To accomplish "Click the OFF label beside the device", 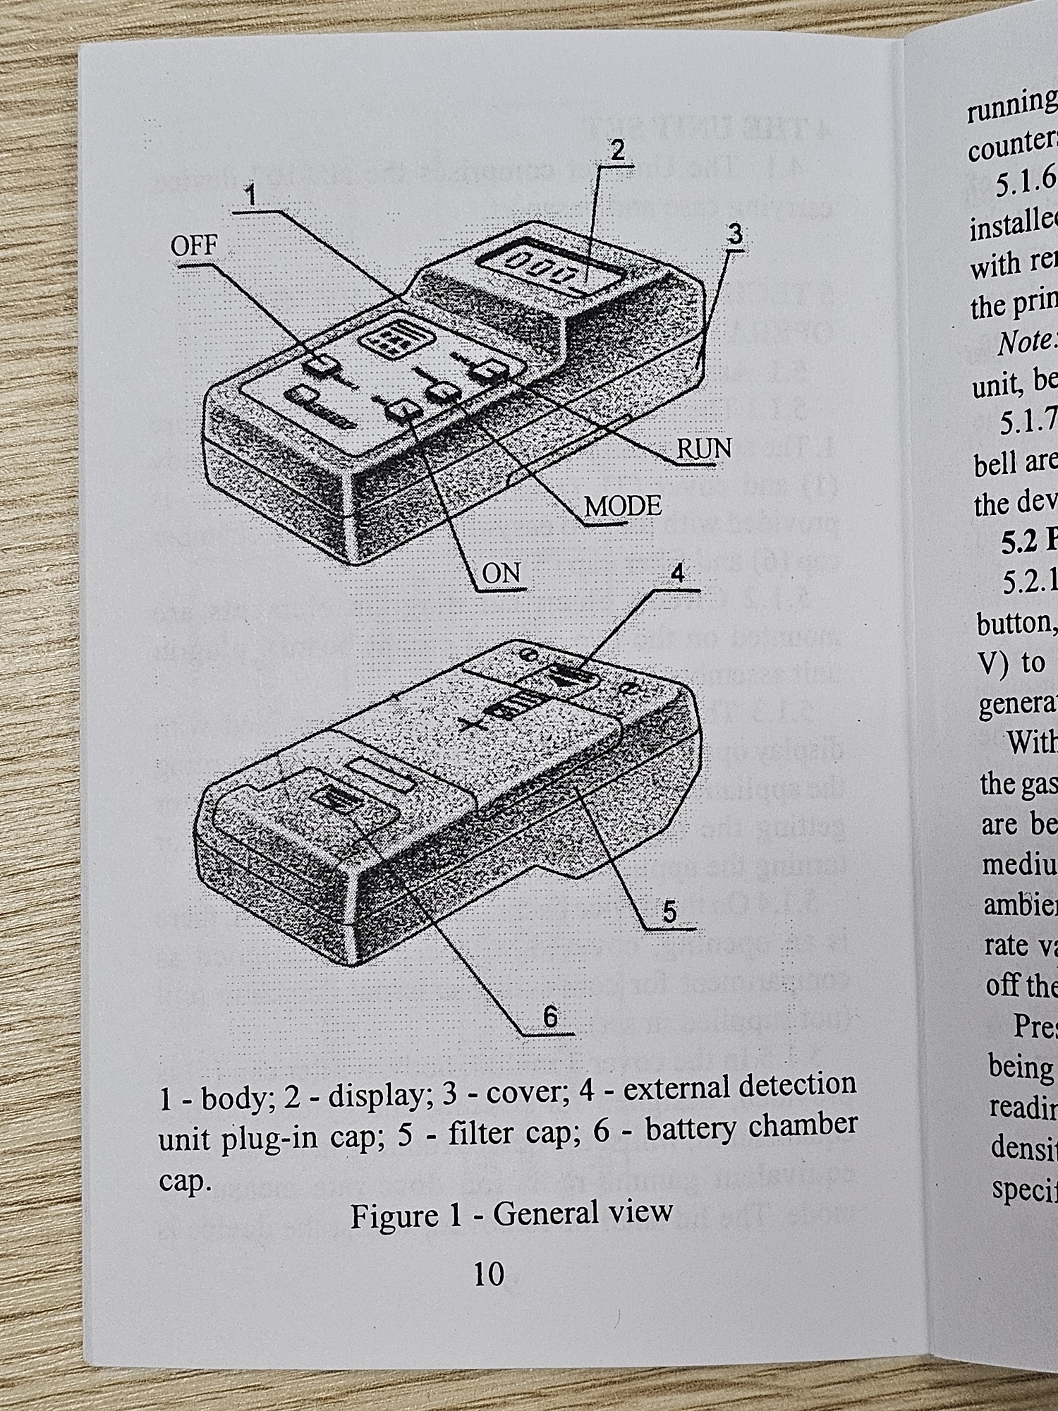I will tap(194, 246).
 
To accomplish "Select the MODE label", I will tap(623, 506).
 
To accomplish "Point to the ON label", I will tap(501, 573).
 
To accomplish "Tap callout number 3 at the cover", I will tap(735, 234).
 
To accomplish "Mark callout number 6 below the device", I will tap(550, 1017).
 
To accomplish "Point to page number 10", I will tap(488, 1273).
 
